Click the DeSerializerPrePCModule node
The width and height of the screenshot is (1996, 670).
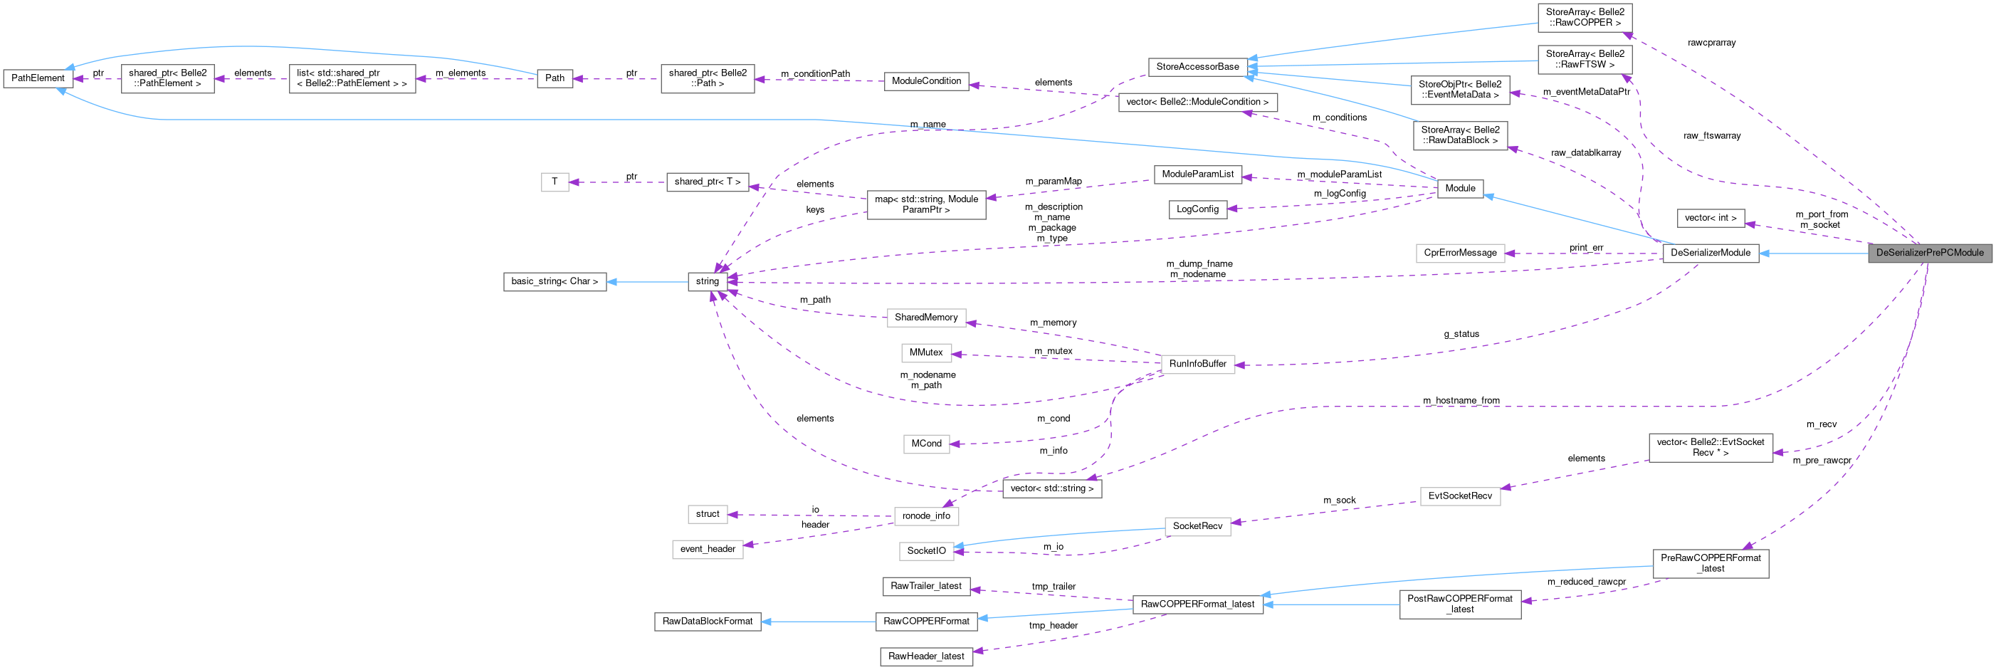[1929, 253]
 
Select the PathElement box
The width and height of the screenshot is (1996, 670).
[38, 78]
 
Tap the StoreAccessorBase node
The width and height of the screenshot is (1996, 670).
[1197, 67]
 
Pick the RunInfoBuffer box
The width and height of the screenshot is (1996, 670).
[1197, 364]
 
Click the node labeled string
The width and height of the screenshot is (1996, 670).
[707, 281]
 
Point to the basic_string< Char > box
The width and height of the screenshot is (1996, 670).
[555, 281]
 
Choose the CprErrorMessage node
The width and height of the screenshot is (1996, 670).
[1460, 253]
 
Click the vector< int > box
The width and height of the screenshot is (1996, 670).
[1710, 218]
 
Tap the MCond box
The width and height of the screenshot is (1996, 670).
[926, 444]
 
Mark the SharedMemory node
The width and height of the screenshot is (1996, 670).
[926, 317]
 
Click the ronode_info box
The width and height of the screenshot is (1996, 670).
[926, 515]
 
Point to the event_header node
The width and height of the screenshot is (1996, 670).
[708, 549]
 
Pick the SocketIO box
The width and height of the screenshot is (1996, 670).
[926, 550]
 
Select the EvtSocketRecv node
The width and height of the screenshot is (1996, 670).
[1460, 496]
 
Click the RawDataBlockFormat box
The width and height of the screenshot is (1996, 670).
[708, 621]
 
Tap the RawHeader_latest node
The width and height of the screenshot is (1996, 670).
[926, 656]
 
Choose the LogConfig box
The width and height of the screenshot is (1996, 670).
[1197, 209]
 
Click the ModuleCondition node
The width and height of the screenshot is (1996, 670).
[926, 80]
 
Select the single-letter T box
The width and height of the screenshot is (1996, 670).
[555, 182]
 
